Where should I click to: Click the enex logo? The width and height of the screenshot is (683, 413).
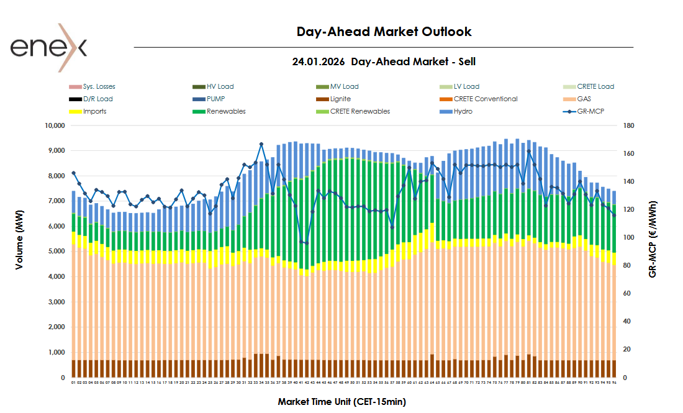[x=48, y=47]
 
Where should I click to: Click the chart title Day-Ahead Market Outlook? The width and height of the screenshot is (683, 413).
[x=384, y=32]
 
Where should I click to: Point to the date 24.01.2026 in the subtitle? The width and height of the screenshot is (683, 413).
[x=319, y=61]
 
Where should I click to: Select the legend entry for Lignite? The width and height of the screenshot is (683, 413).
[x=340, y=99]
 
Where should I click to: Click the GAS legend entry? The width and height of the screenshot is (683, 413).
[x=584, y=99]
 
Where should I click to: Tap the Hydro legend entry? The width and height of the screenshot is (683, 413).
[x=463, y=111]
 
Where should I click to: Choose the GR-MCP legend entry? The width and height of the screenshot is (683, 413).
[x=590, y=111]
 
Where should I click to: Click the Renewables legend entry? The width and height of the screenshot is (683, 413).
[x=226, y=111]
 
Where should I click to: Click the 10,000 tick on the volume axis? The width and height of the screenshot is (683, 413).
[x=52, y=125]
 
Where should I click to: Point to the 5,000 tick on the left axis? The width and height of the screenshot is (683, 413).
[x=54, y=252]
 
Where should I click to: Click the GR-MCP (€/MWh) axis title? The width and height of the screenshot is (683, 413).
[x=653, y=238]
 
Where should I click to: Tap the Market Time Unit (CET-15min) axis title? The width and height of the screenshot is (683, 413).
[x=341, y=402]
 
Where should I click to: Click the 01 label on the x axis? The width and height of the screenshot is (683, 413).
[x=73, y=383]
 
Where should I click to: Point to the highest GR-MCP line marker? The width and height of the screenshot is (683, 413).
[x=261, y=144]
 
